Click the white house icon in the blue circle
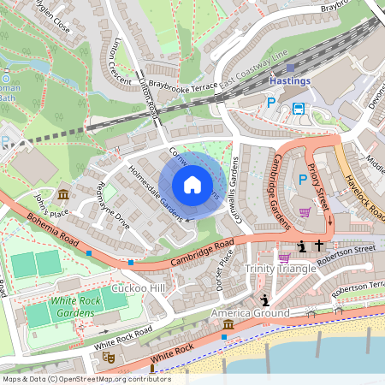[x=192, y=184]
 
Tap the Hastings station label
[x=290, y=80]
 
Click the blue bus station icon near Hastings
[x=299, y=108]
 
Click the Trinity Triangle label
[x=281, y=269]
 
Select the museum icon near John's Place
[x=63, y=194]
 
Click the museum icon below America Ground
[x=228, y=326]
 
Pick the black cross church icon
[x=318, y=246]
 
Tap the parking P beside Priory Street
[x=302, y=180]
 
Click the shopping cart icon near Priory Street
[x=305, y=212]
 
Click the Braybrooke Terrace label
[x=182, y=86]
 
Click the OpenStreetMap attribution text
[x=86, y=378]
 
